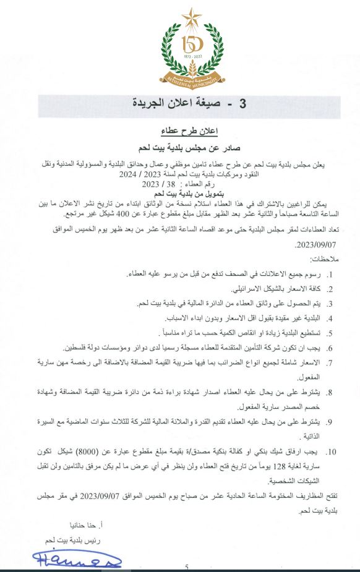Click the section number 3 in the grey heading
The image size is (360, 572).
point(225,104)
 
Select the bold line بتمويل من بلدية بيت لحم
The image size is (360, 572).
point(181,194)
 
